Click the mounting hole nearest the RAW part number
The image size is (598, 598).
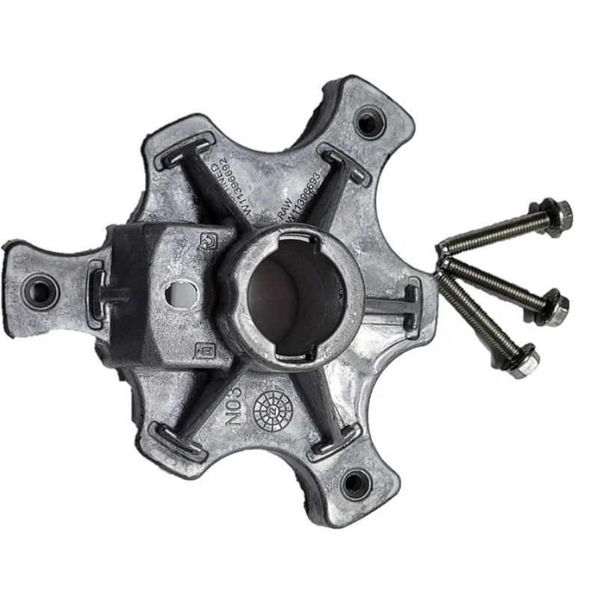pyautogui.click(x=369, y=122)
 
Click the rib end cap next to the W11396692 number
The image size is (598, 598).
pyautogui.click(x=187, y=147)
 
